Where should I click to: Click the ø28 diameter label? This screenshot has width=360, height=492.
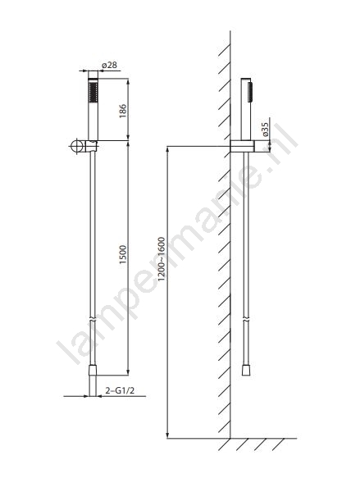pos(109,65)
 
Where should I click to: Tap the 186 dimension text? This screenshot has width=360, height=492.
pos(123,111)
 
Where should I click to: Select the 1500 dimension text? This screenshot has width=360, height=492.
pos(123,254)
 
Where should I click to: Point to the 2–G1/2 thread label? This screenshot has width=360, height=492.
pos(120,390)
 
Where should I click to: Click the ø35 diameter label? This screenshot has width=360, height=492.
pos(266,130)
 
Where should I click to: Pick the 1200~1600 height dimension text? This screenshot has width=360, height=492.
pos(162,259)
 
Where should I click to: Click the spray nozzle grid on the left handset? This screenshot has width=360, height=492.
pos(93,92)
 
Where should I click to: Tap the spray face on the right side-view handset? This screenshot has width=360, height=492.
pos(250,92)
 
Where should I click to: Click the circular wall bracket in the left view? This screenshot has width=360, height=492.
pos(76,146)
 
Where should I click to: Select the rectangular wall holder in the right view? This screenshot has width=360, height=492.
pos(242,147)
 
